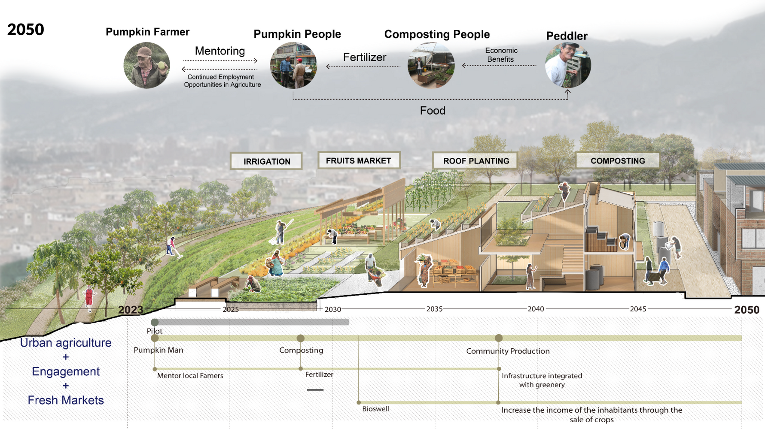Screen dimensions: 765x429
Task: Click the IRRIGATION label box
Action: (x=266, y=161)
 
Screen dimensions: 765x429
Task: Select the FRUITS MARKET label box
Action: (x=359, y=160)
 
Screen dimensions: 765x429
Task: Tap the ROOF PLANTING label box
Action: (x=475, y=161)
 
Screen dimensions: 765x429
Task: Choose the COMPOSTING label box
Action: (x=618, y=161)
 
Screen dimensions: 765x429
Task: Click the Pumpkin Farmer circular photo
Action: (x=147, y=65)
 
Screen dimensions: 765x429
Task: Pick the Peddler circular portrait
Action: (x=568, y=65)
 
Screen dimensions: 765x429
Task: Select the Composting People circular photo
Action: (x=431, y=65)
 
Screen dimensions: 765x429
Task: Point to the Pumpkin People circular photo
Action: (x=293, y=65)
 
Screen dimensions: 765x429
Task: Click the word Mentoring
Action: (x=220, y=51)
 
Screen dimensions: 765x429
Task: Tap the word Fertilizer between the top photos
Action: (x=365, y=57)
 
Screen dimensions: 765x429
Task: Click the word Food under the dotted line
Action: (x=433, y=111)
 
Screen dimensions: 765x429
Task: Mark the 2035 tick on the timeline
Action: (x=434, y=309)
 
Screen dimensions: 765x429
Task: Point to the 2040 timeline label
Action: (x=536, y=309)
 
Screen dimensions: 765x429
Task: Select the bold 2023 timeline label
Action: (x=131, y=310)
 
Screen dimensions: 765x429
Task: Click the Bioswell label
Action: (x=375, y=409)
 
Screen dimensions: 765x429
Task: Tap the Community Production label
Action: (x=508, y=351)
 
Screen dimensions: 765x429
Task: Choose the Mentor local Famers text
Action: (x=190, y=375)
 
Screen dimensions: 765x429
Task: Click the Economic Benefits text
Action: (x=501, y=55)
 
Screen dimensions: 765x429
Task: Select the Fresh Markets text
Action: (x=66, y=400)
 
